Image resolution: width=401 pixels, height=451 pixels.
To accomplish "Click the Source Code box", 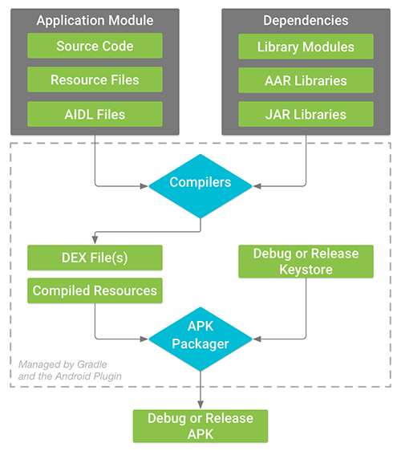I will click(x=95, y=46).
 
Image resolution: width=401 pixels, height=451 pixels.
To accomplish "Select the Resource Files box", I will click(x=95, y=79).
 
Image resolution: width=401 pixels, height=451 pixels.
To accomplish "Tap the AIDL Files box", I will click(x=95, y=114).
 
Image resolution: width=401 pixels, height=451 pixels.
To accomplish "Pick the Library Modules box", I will click(x=306, y=46).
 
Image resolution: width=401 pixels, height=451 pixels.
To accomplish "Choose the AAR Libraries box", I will click(x=306, y=79).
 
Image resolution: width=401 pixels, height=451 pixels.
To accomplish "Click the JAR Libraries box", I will click(x=306, y=114).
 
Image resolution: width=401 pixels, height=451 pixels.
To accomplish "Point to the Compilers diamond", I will click(x=200, y=184).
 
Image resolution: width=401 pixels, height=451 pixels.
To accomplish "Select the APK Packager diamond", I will click(x=200, y=336).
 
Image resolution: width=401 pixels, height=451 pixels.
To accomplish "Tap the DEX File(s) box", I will click(x=95, y=257).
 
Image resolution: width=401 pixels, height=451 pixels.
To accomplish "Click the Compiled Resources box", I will click(x=95, y=291).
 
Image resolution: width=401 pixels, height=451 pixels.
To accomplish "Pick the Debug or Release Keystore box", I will click(x=306, y=262).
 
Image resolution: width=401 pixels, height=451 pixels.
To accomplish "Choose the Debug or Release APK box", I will click(x=200, y=425).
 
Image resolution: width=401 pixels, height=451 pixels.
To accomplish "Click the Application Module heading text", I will click(x=95, y=20).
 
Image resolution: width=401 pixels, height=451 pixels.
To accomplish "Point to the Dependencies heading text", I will click(x=306, y=20).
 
